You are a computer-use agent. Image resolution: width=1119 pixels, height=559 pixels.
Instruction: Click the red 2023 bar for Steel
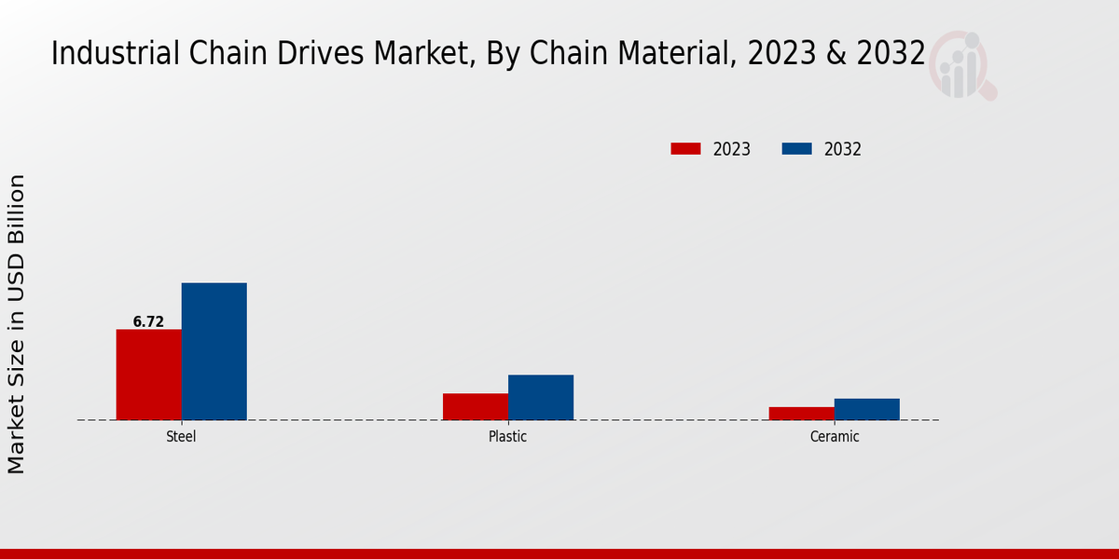pos(148,375)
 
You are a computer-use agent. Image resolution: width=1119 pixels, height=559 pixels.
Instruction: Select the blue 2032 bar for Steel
pos(214,351)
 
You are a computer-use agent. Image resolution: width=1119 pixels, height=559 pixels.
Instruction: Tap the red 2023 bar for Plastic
pos(475,406)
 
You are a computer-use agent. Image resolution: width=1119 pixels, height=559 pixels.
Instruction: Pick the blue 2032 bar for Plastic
pos(540,397)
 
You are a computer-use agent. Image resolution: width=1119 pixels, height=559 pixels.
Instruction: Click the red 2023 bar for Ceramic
pos(801,413)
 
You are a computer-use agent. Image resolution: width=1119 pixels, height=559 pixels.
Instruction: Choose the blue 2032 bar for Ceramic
pos(866,409)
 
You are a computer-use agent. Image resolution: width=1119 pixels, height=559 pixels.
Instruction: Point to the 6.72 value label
pos(148,322)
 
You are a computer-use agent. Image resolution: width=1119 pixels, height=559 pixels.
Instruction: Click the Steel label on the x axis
pos(181,436)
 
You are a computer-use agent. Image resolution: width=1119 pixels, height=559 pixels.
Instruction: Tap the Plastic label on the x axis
pos(507,436)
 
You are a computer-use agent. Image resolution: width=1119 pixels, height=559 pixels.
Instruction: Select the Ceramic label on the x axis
pos(834,436)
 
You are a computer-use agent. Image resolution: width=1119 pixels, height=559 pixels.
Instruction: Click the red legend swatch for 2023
pos(685,149)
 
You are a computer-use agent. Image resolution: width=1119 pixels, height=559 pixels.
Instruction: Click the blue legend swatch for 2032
pos(796,149)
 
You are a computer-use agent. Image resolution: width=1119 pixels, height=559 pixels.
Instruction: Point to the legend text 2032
pos(842,149)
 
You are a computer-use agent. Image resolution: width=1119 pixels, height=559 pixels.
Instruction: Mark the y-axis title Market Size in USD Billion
pos(17,323)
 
